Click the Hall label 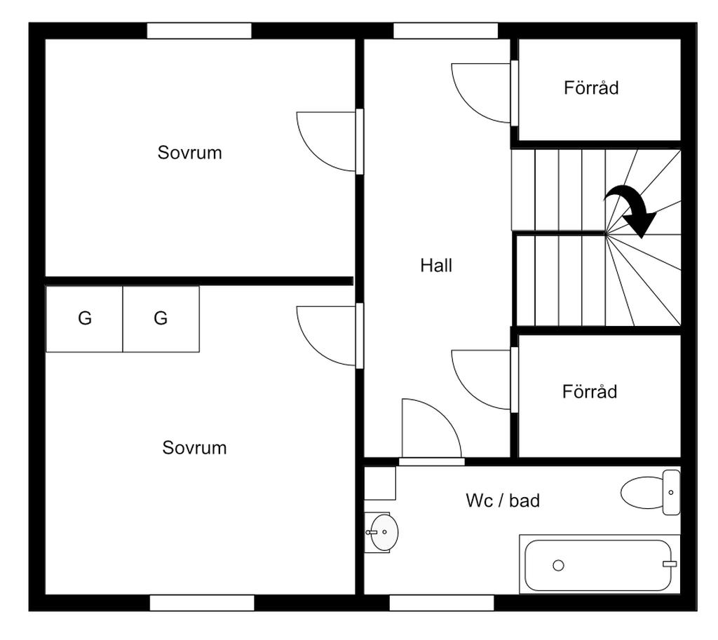point(436,266)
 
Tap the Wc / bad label point(503,501)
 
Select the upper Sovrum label point(189,152)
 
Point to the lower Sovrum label point(194,448)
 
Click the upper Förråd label point(591,88)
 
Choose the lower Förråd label point(590,391)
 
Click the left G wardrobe point(84,319)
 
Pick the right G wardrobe point(161,319)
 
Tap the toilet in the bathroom point(650,493)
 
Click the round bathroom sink point(384,532)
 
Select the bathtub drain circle point(558,566)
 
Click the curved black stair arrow point(631,210)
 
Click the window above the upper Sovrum point(199,31)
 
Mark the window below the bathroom point(442,603)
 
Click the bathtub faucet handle point(670,564)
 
